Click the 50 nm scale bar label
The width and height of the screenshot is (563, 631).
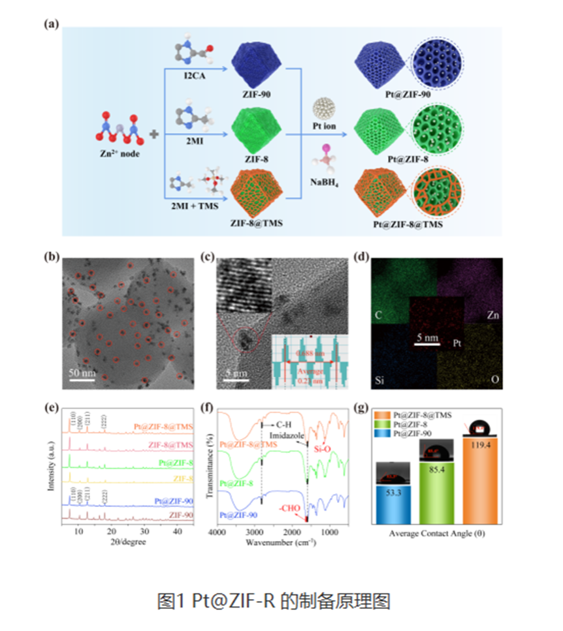[x=82, y=373]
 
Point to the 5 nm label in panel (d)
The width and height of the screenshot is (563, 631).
[x=426, y=338]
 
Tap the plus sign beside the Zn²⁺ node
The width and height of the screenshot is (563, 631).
[x=154, y=134]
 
